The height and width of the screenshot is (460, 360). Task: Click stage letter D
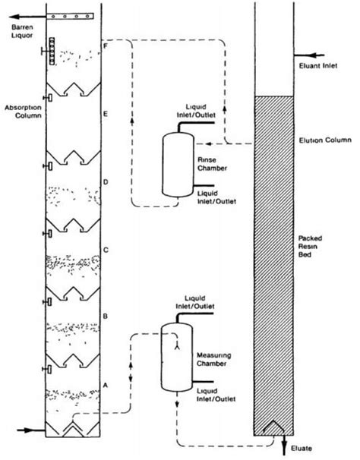[x=106, y=182]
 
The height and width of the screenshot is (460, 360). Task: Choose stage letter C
[x=106, y=249]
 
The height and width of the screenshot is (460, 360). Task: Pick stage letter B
[x=106, y=314]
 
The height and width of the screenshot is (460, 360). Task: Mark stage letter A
[x=106, y=384]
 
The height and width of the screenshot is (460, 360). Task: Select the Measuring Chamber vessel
[x=173, y=356]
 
